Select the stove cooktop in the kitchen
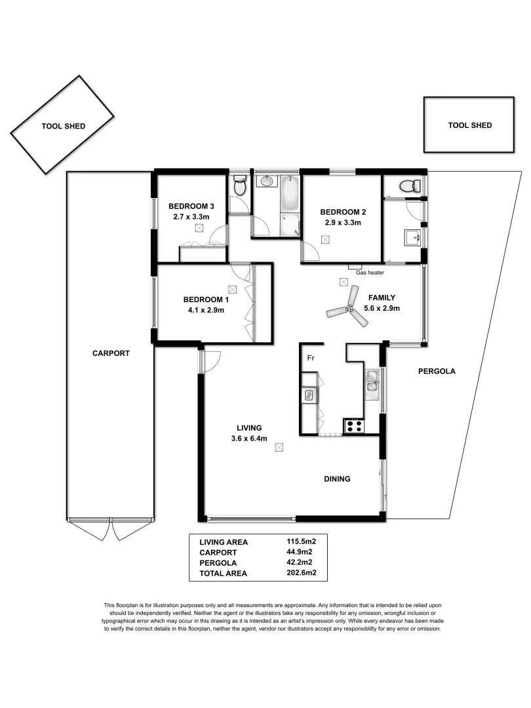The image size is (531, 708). (354, 425)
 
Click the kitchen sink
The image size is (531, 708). (373, 381)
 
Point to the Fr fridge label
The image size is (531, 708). (311, 358)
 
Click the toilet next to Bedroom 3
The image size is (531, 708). (239, 187)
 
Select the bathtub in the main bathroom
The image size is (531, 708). (290, 194)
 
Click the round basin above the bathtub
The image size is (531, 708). (267, 181)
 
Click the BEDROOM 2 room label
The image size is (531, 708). (342, 212)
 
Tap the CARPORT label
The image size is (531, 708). (111, 353)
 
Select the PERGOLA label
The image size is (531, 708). (436, 371)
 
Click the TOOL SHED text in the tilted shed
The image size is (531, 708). (63, 127)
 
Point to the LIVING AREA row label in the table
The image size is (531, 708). (224, 541)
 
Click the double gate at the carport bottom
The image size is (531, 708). (111, 528)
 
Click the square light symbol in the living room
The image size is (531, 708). (279, 448)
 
